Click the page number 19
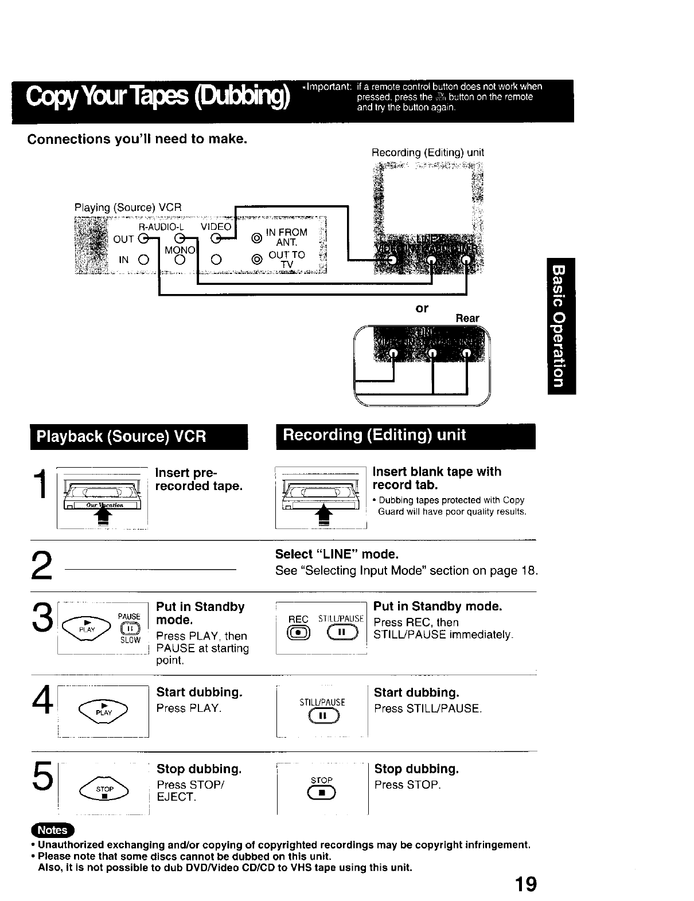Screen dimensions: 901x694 [525, 884]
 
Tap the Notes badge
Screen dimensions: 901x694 [52, 830]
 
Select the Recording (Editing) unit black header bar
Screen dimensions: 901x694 [405, 435]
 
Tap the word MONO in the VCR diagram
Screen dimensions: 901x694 [180, 250]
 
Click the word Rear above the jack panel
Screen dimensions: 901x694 [467, 318]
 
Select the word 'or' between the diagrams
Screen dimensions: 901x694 [422, 308]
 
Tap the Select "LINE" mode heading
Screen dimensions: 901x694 [337, 554]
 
